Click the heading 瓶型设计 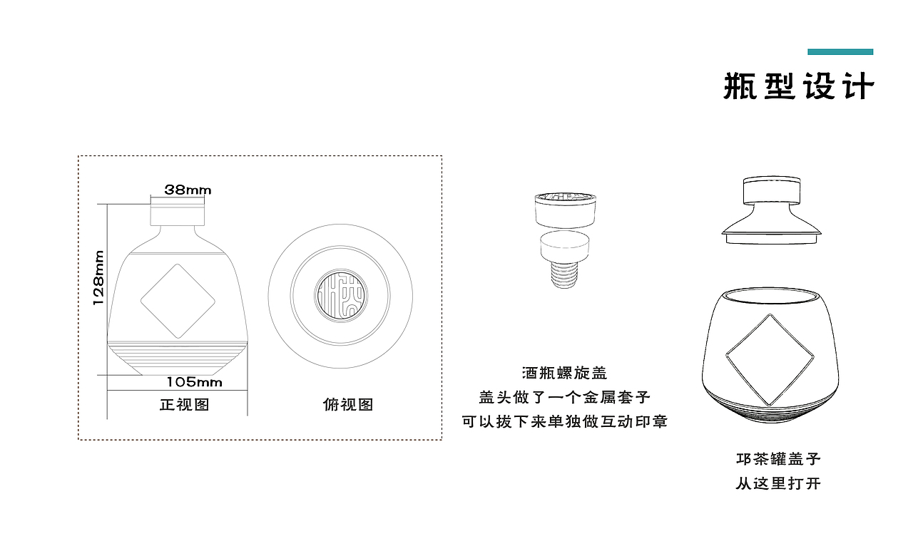(799, 86)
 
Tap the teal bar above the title (840, 52)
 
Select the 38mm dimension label (188, 190)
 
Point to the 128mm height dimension (98, 278)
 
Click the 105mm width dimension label (195, 382)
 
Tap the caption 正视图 (185, 404)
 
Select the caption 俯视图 (348, 404)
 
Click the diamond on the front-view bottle (178, 301)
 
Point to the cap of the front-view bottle (178, 211)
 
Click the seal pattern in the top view (341, 296)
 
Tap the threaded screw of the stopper (564, 275)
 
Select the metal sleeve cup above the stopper (566, 210)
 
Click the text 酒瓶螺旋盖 (565, 373)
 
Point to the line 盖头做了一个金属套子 (564, 397)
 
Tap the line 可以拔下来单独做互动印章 (564, 421)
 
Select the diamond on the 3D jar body (770, 360)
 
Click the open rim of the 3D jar (770, 296)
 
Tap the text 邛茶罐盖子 (778, 459)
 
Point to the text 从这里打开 (778, 483)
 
